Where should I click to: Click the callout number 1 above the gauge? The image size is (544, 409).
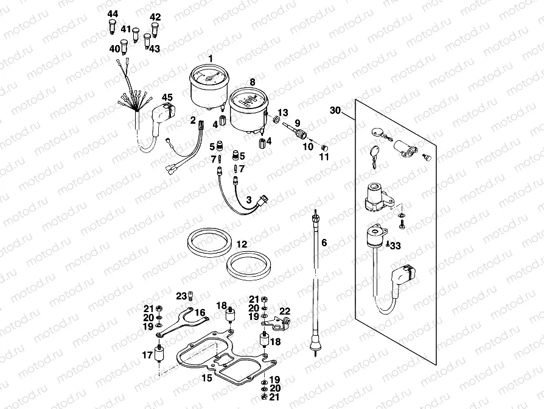(211, 58)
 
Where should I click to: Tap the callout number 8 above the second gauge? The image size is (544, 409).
(252, 81)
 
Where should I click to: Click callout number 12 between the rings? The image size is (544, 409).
(242, 244)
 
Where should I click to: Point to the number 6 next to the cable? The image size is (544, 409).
(324, 243)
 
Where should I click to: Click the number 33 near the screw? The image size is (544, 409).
(396, 246)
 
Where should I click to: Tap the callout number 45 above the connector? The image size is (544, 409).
(167, 97)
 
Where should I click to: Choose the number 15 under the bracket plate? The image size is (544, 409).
(207, 379)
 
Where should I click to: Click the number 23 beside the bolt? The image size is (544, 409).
(181, 296)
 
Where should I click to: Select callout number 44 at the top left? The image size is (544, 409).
(113, 13)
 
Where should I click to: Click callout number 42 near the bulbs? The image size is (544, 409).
(155, 16)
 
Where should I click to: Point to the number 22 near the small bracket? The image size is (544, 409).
(285, 310)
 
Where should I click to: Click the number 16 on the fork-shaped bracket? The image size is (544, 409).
(200, 312)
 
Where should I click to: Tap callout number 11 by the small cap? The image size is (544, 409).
(324, 157)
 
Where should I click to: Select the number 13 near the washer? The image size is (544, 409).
(282, 113)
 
